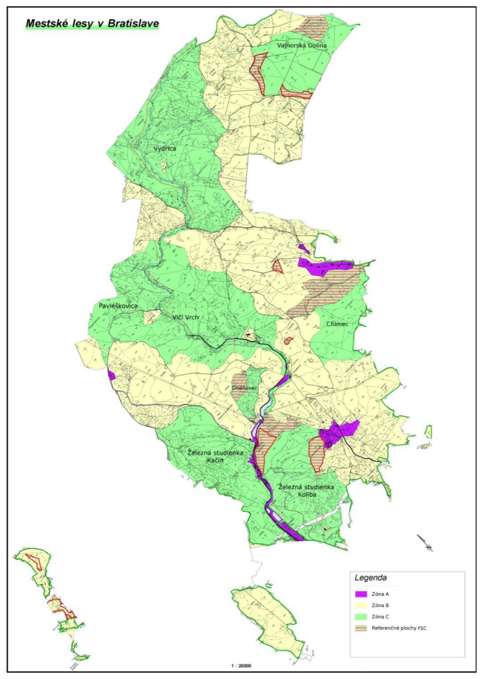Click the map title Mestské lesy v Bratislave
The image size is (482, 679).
point(92,24)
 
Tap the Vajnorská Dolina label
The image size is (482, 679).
point(301,46)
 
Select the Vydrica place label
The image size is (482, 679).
point(166,148)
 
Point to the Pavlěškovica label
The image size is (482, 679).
point(118,306)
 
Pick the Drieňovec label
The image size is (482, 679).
point(245,388)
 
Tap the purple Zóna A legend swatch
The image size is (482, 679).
point(360,594)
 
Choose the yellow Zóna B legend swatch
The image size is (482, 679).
point(360,605)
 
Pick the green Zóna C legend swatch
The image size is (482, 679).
point(360,616)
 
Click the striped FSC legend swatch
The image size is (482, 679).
point(360,628)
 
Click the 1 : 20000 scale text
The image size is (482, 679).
point(240,665)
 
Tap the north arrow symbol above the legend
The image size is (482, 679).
point(424,543)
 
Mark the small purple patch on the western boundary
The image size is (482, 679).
point(111,375)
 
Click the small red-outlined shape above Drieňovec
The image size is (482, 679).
point(288,340)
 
